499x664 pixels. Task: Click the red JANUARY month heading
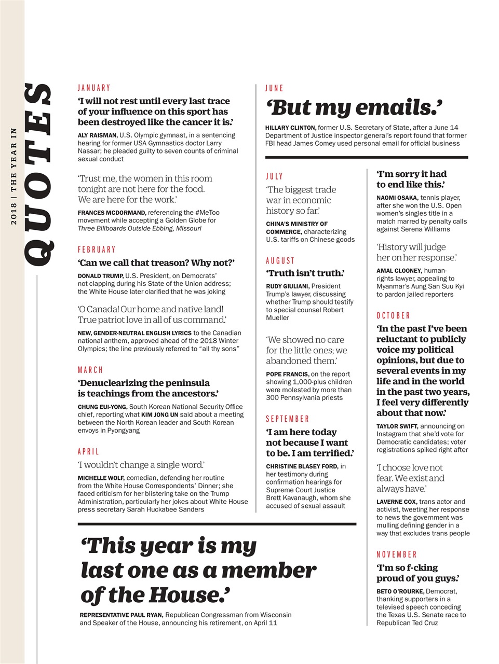tap(94, 88)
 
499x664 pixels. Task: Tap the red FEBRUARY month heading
tap(97, 250)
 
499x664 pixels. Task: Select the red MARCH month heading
tap(90, 370)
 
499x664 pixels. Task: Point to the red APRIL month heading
tap(88, 452)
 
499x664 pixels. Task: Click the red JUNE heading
tap(274, 88)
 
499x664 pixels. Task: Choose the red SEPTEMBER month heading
tap(287, 419)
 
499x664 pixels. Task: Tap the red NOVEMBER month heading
tap(397, 555)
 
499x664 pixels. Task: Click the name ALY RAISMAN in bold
tap(97, 135)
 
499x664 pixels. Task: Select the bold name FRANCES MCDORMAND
tap(112, 213)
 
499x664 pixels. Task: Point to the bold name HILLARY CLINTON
tap(290, 128)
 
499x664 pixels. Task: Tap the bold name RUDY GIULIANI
tap(288, 286)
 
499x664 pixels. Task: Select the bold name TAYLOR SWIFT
tap(397, 426)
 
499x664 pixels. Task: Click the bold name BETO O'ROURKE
tap(400, 591)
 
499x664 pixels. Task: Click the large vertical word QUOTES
tap(38, 175)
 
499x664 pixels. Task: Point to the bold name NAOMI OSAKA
tap(397, 198)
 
